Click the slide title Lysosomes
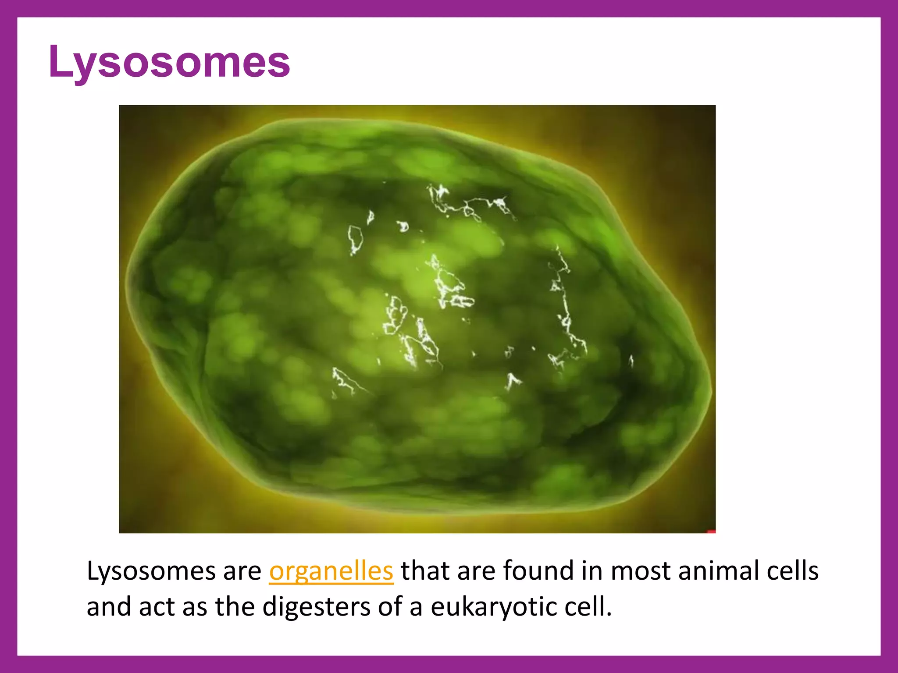(x=169, y=62)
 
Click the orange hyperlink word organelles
(x=331, y=571)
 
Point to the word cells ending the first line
(x=792, y=571)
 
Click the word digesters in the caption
(x=317, y=607)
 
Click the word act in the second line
(x=157, y=607)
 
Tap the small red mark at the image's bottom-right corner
(x=711, y=531)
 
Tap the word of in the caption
(x=390, y=607)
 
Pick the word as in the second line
(x=194, y=607)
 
